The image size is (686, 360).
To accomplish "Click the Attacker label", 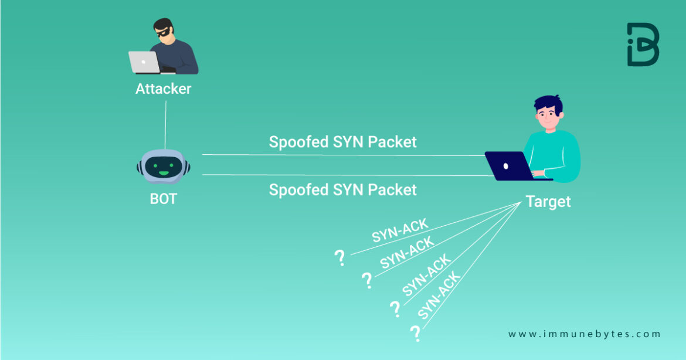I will (163, 89).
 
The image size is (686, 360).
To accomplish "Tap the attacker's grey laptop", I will (144, 62).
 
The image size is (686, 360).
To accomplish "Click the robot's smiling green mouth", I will (164, 173).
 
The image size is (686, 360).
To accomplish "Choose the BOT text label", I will (163, 199).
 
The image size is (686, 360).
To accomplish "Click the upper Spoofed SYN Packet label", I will (342, 142).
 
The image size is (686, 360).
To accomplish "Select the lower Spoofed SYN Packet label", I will (342, 189).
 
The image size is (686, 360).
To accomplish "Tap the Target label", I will (548, 202).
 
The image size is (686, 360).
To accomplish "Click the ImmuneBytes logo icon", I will (643, 45).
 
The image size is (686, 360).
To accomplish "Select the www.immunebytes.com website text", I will (584, 334).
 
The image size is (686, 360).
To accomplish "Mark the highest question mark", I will (339, 257).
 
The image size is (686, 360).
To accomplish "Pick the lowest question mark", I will (416, 334).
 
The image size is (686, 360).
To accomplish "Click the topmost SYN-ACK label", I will (400, 231).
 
